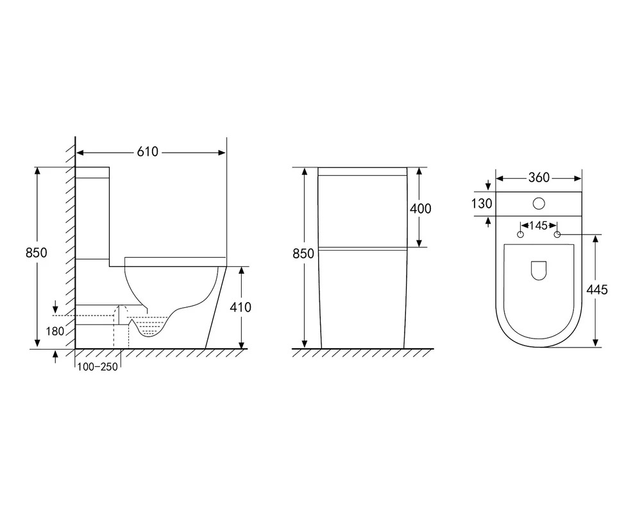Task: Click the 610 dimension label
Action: point(148,152)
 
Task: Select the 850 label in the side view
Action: point(37,253)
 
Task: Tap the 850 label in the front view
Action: point(303,253)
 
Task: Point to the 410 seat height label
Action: point(241,307)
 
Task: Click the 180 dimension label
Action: point(55,332)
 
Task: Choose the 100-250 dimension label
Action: point(97,367)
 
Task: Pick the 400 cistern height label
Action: point(420,208)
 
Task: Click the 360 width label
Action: point(539,178)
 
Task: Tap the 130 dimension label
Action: point(482,203)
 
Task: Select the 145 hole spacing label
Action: point(539,225)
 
